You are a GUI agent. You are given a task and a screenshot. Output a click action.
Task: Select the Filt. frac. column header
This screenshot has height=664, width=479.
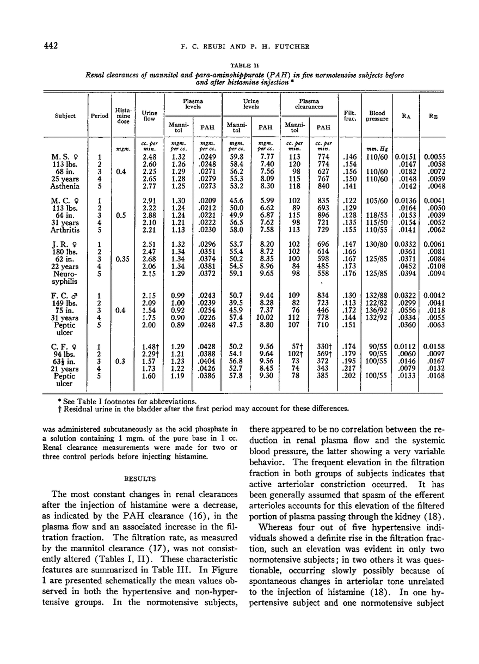click(349, 115)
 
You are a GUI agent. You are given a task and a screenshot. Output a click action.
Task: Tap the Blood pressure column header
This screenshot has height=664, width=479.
click(377, 115)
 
